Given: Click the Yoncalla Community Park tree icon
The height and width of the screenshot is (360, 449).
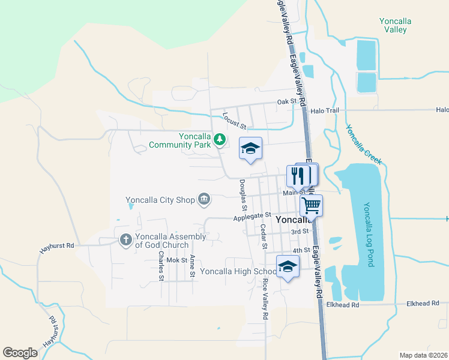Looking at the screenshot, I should pos(220,140).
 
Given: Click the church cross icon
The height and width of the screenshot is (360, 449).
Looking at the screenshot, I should pos(125,240).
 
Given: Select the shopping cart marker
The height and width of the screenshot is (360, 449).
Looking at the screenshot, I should pos(311,206).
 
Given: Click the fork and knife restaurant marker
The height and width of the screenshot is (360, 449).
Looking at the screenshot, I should pos(298,176).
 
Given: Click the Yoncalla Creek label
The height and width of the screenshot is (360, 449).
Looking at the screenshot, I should pos(363,145).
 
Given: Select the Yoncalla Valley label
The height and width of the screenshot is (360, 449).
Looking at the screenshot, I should pos(395,25).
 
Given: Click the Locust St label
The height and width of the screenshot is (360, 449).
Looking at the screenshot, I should pos(235,121).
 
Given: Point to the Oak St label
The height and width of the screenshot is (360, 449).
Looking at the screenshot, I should pos(286,102).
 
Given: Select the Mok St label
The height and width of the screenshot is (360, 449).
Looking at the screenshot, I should pos(177,260).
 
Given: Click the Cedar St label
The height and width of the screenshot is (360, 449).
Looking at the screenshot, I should pos(263,236).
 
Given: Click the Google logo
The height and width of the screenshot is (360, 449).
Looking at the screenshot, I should pos(20,352).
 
